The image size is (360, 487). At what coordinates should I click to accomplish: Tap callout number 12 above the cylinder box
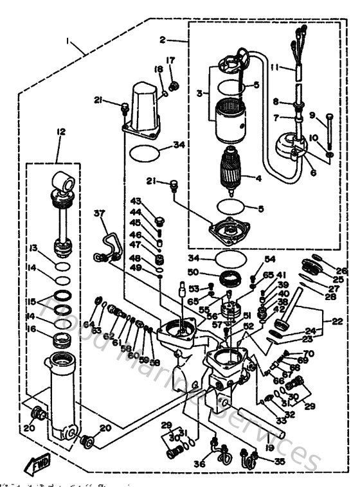click(x=61, y=132)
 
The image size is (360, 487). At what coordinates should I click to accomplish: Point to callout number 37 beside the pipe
click(x=99, y=213)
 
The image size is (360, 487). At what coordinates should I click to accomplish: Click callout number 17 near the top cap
click(x=171, y=61)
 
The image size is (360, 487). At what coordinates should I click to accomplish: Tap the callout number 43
click(x=136, y=202)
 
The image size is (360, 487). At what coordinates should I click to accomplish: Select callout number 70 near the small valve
click(x=309, y=353)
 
